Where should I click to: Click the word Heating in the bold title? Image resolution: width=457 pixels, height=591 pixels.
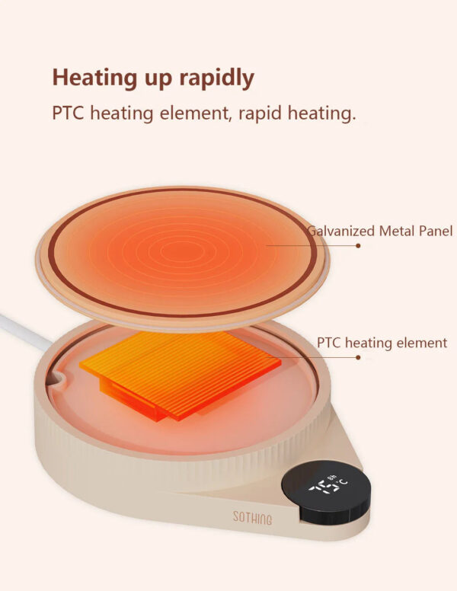coord(95,78)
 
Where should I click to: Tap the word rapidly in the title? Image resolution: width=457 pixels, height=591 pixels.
coord(216,78)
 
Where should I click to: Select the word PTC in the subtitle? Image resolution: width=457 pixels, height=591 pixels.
coord(68,113)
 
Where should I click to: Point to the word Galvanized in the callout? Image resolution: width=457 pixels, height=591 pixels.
coord(341,231)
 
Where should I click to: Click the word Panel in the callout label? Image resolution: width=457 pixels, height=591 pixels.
coord(435,231)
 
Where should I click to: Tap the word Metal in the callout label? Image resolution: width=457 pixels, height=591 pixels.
coord(396,231)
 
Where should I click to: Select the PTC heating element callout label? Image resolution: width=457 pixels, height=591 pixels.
coord(382,343)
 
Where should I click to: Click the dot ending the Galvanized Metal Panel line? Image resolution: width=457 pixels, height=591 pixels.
coord(358,246)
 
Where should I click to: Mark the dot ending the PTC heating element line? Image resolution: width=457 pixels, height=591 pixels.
coord(358,357)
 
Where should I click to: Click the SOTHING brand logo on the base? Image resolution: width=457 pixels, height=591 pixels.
coord(252,518)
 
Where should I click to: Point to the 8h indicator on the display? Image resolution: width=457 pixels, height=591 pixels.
coord(332,478)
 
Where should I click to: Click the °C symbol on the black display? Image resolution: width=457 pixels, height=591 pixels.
coord(343,482)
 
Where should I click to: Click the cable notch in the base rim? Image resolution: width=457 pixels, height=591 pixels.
coord(56,378)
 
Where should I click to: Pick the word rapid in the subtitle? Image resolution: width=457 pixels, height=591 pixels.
coord(260,113)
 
